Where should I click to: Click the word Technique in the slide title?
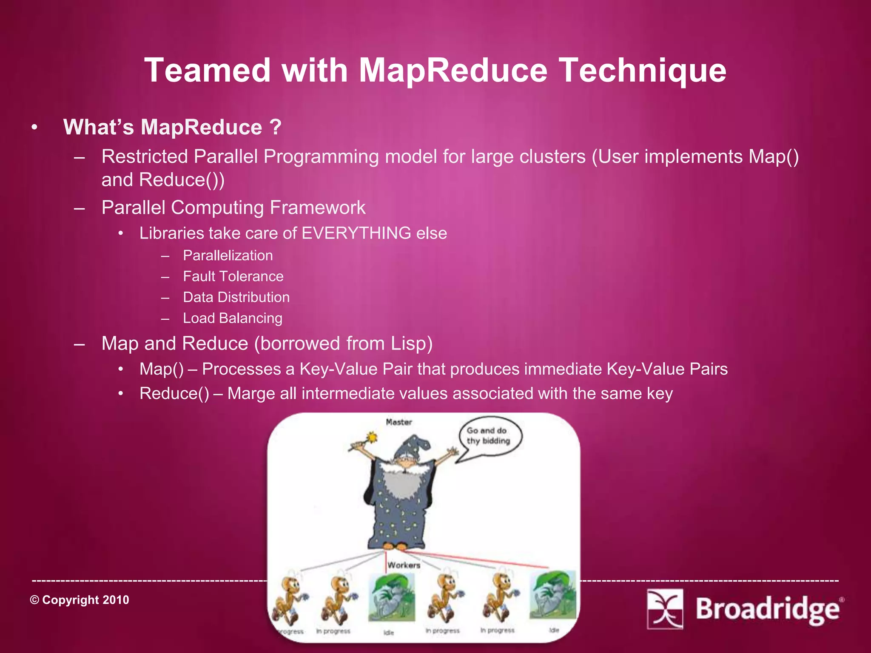point(642,71)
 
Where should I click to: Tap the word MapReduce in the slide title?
point(453,71)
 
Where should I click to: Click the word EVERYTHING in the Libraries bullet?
point(356,233)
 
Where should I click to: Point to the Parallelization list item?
point(228,256)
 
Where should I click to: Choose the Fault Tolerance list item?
point(233,276)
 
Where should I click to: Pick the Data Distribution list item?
point(236,297)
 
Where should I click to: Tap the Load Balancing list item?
point(232,318)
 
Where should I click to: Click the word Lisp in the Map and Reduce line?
point(407,344)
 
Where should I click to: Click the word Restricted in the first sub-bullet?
point(145,156)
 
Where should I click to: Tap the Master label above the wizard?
point(399,422)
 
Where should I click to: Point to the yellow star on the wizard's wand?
point(372,437)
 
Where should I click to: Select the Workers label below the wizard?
point(404,565)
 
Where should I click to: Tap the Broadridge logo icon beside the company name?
point(665,608)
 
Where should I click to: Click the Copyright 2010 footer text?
point(80,600)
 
